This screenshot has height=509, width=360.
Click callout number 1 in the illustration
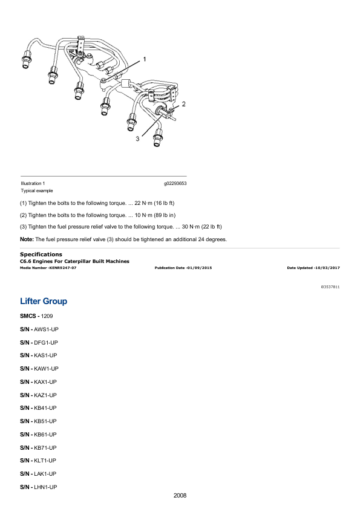(x=145, y=59)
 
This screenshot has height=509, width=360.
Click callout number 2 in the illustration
(x=183, y=104)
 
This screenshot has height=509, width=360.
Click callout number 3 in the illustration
(x=137, y=139)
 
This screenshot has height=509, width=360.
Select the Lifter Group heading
(x=44, y=301)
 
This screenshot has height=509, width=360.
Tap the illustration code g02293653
(x=175, y=183)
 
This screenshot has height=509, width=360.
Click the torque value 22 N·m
(x=143, y=203)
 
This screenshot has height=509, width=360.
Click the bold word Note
(x=27, y=239)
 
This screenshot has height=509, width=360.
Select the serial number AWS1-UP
(x=46, y=329)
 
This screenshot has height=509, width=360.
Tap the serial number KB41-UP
(x=45, y=408)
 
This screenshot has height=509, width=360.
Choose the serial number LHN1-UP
(x=45, y=487)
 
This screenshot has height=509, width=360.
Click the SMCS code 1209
(x=47, y=316)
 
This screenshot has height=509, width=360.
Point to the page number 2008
(x=180, y=495)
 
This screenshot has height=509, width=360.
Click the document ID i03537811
(x=330, y=287)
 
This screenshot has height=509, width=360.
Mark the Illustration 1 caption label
(x=33, y=183)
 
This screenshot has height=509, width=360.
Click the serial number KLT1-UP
(x=45, y=461)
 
